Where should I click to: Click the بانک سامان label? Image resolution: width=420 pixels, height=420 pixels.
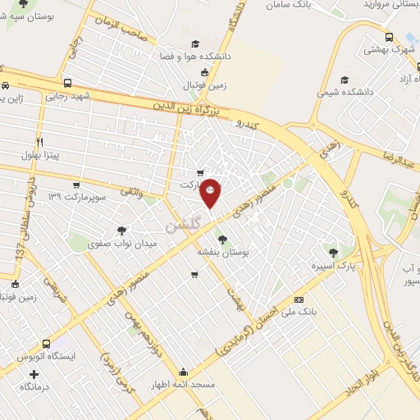[289, 5]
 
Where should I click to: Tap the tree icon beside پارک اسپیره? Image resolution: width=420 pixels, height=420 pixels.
[332, 253]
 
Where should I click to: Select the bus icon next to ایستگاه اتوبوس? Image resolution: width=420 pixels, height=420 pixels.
[46, 344]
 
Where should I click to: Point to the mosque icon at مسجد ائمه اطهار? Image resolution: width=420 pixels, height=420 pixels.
[183, 371]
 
